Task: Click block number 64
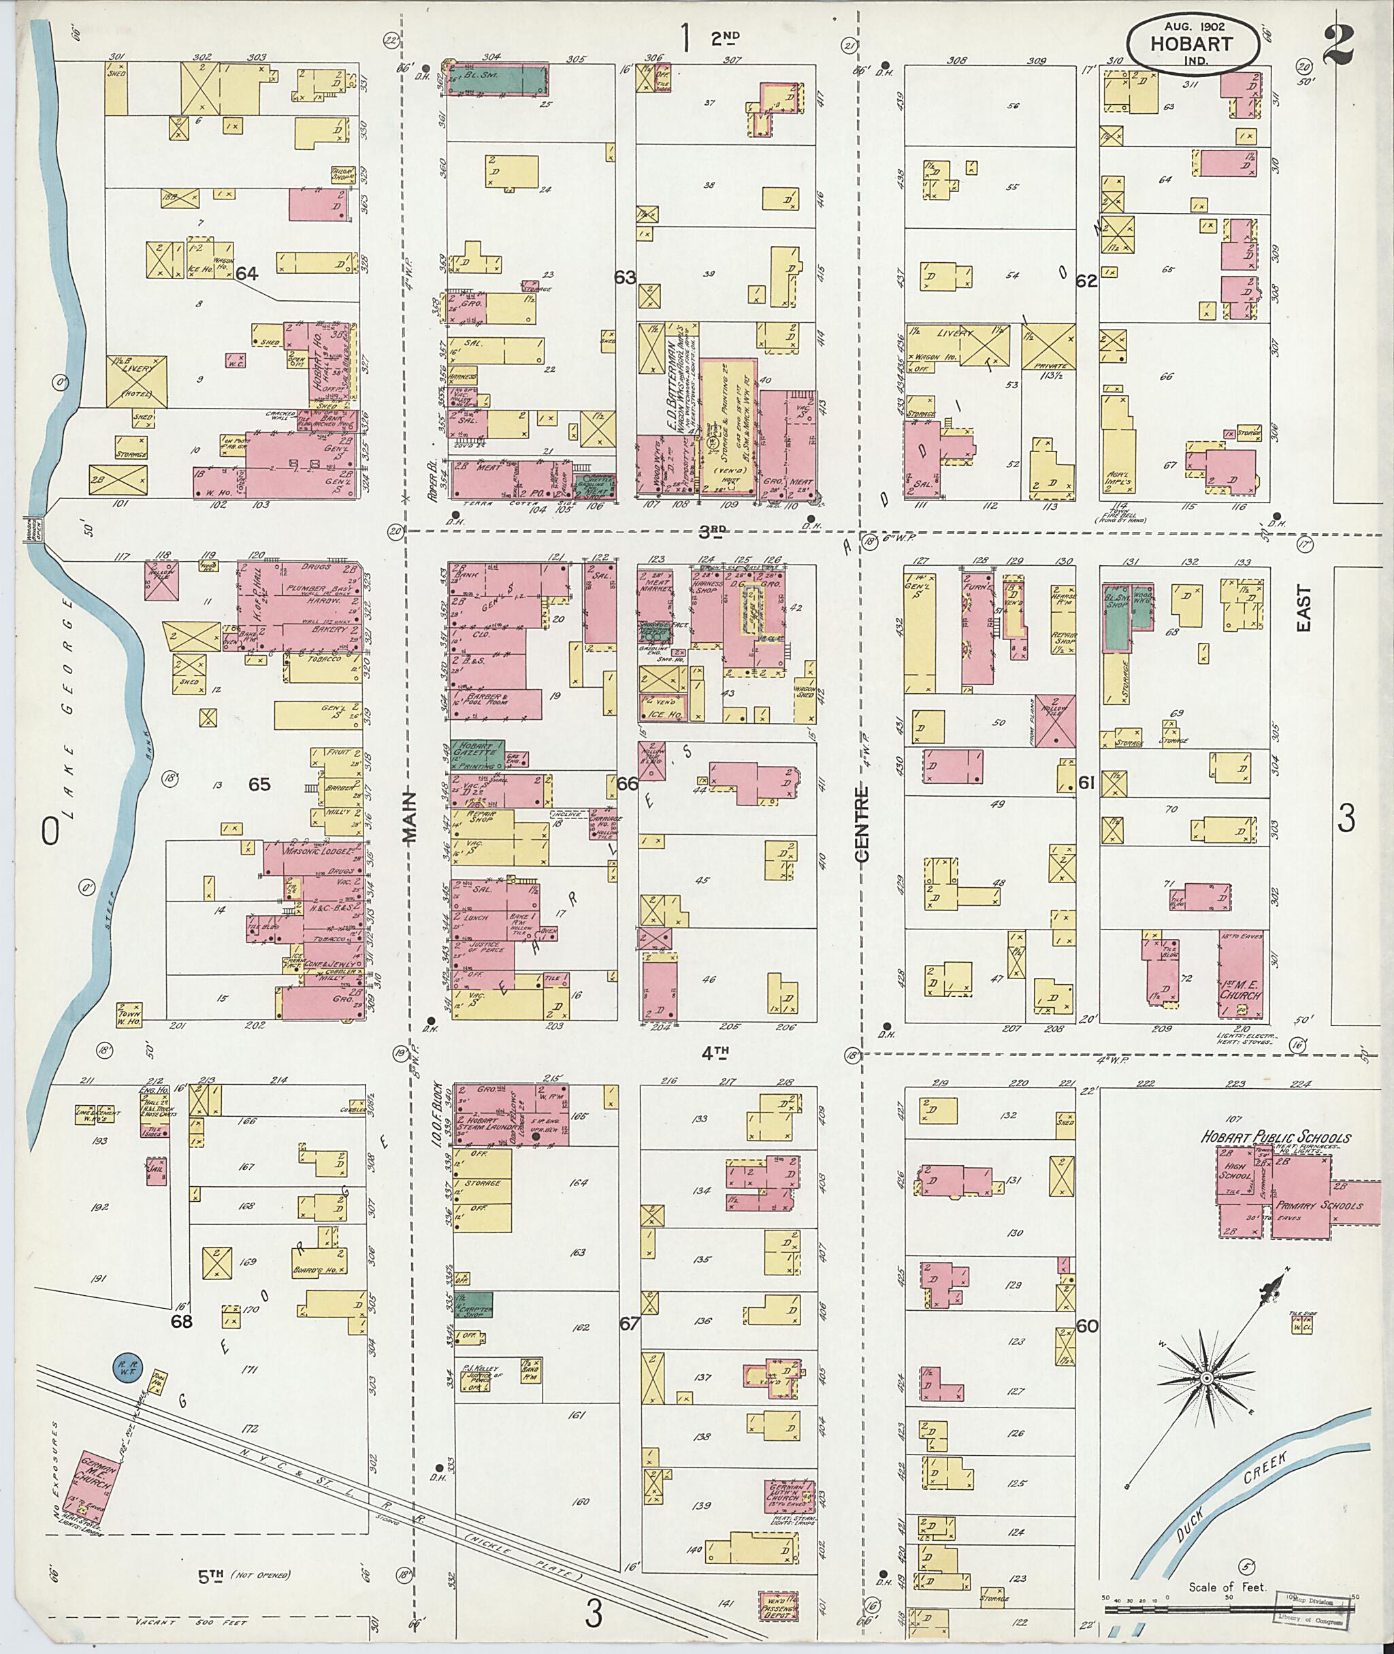(246, 274)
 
